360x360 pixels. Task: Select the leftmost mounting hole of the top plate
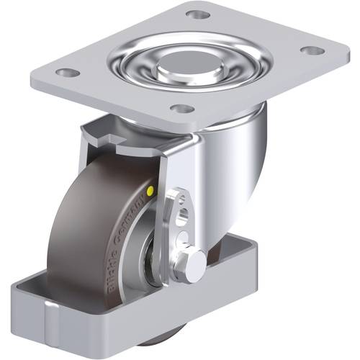(x=66, y=73)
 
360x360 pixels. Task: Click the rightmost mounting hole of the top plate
(x=310, y=50)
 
